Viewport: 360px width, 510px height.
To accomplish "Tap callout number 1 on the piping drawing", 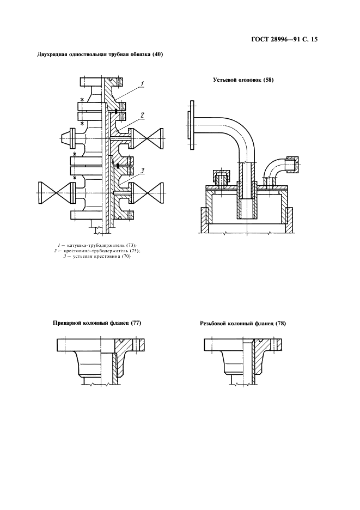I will (x=142, y=84).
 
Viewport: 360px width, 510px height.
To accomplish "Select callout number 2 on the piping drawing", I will (x=142, y=116).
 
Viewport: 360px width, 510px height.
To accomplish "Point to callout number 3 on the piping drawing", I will (x=141, y=171).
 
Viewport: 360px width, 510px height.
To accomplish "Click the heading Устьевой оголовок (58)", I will (x=243, y=80).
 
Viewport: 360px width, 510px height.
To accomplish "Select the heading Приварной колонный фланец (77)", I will (x=96, y=323).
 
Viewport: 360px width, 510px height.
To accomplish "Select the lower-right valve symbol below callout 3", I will (x=150, y=191).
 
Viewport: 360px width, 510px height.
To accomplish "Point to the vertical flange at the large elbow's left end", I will (x=191, y=125).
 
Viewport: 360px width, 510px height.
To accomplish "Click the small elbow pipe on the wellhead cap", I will (x=274, y=169).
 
